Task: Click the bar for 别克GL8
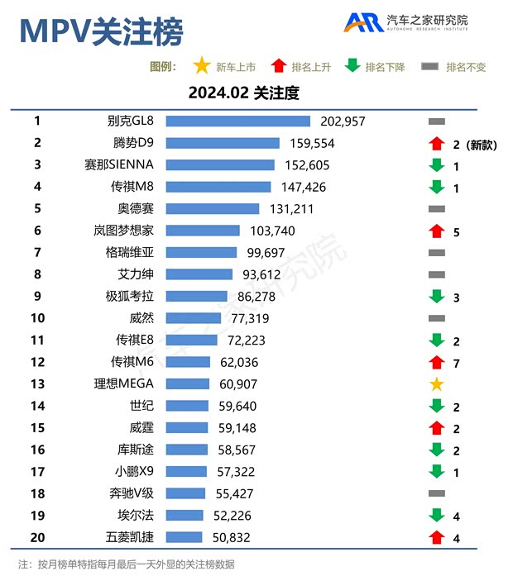[237, 121]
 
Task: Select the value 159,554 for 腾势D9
[311, 143]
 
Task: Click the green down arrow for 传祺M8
[437, 187]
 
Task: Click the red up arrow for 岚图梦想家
[437, 231]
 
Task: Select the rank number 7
[37, 252]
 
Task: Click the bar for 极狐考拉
[196, 296]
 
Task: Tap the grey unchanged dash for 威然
[437, 318]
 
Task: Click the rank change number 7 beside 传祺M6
[457, 363]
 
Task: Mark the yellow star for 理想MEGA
[437, 384]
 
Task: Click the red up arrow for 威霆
[437, 428]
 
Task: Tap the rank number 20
[37, 537]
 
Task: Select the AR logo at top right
[364, 22]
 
